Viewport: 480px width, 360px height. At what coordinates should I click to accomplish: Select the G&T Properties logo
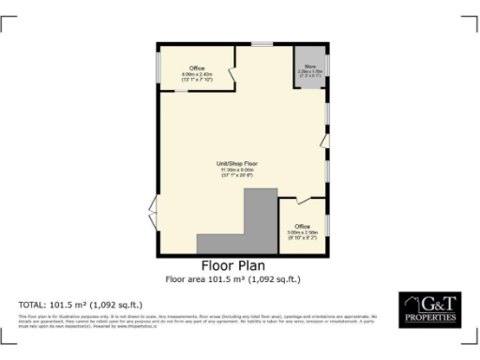click(x=429, y=309)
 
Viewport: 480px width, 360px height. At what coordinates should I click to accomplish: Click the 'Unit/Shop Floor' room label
click(x=239, y=164)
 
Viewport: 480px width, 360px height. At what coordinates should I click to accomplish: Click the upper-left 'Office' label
click(x=197, y=68)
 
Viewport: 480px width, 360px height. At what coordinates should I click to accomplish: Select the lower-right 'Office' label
click(x=303, y=226)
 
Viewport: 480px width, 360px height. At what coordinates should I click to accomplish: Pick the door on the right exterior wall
click(x=325, y=141)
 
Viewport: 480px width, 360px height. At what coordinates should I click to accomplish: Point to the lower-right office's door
click(x=301, y=200)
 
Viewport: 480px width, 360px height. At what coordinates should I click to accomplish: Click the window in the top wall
click(x=262, y=44)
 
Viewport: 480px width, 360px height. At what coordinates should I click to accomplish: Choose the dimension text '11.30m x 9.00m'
click(x=239, y=170)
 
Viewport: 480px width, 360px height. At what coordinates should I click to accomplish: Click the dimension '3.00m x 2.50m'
click(x=303, y=232)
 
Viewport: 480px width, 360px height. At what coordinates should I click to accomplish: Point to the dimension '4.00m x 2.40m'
click(x=197, y=74)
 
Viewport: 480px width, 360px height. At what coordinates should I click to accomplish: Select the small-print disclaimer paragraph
click(x=197, y=322)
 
